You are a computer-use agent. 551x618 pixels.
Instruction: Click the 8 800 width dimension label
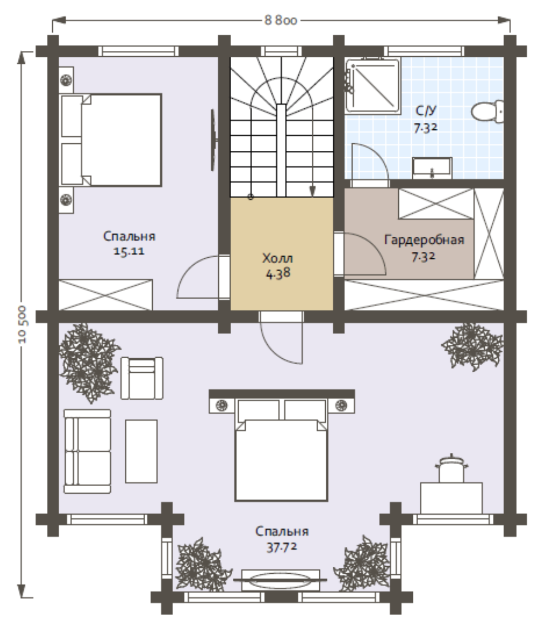280,20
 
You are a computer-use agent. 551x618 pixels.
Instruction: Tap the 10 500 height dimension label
22,324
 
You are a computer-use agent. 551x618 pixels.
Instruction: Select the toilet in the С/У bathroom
487,111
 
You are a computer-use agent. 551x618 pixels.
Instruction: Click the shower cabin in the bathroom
372,86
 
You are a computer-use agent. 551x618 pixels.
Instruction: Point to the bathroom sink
432,168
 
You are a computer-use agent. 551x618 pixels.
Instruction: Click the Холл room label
277,258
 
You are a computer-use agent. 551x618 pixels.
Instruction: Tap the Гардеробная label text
424,240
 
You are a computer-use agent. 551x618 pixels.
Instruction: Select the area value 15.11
129,251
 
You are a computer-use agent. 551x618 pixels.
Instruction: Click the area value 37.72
281,547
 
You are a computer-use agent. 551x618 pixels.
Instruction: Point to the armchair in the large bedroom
142,378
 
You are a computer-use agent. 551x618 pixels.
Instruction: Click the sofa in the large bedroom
87,451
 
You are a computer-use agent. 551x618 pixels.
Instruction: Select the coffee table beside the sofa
141,451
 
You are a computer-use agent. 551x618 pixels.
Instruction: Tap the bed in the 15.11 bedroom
111,140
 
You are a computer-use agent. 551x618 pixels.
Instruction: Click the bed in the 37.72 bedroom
281,450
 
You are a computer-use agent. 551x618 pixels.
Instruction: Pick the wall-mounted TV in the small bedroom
214,140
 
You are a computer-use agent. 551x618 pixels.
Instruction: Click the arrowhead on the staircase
312,191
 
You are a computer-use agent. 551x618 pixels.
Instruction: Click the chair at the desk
452,469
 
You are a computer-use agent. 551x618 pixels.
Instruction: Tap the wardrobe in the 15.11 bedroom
105,295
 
